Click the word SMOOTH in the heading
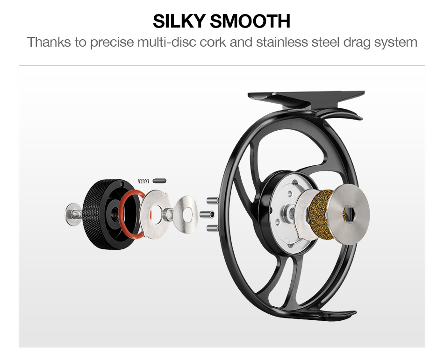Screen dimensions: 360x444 250,21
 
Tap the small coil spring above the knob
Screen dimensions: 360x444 144,180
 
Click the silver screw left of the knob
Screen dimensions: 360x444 73,214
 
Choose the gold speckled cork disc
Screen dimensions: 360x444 321,214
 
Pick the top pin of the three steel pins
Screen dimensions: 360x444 211,201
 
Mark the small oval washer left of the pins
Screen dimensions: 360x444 186,215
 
